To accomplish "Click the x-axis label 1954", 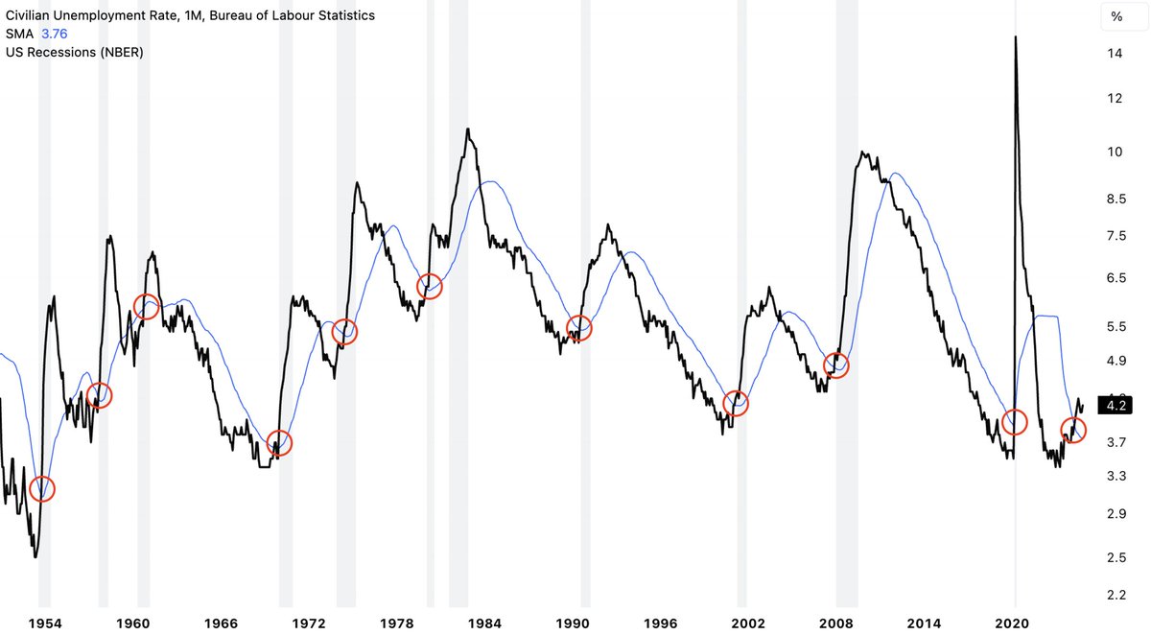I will coord(44,623).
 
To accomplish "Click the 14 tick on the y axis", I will coord(1116,54).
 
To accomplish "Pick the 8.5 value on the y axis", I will coord(1116,200).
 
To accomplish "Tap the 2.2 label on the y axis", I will coord(1116,596).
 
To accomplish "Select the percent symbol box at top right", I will coord(1116,16).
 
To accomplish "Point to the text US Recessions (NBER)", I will coord(75,52).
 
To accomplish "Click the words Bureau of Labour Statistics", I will coord(291,15).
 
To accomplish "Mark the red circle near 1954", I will coord(42,489).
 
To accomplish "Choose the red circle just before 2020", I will coord(1014,421).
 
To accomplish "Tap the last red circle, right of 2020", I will coord(1073,429).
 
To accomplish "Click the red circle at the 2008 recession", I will coord(836,365).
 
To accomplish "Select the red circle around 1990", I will coord(579,328).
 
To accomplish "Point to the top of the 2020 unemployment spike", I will coord(1015,37).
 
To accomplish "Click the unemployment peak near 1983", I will coord(467,129).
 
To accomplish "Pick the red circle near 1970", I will coord(278,443).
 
